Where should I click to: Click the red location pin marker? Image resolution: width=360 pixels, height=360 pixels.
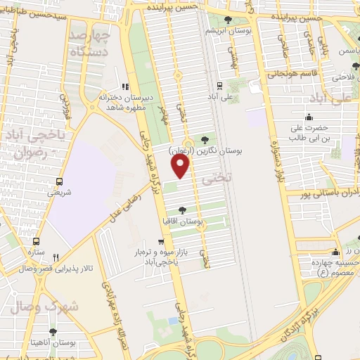tap(181, 166)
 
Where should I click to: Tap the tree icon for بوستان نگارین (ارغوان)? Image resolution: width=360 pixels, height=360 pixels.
tap(205, 139)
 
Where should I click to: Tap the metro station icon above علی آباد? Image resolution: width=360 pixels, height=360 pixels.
tap(220, 86)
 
